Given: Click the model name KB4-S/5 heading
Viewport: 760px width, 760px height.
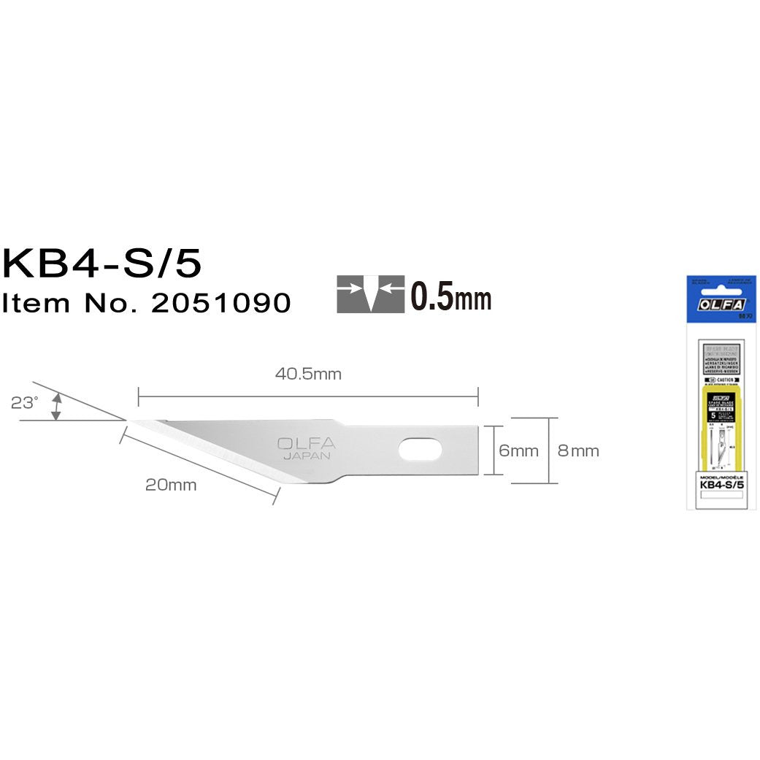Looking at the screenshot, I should [x=102, y=264].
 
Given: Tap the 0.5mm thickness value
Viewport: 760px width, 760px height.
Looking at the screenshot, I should [x=450, y=297].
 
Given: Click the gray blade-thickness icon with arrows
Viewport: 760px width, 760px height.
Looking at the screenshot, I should [x=371, y=295].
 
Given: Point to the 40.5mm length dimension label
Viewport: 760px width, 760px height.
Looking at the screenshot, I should [x=308, y=375].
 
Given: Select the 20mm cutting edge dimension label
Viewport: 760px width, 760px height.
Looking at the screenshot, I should [x=171, y=485].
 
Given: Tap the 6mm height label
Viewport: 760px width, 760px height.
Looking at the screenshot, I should [x=518, y=450].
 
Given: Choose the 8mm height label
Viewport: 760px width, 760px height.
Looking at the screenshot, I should [x=578, y=450].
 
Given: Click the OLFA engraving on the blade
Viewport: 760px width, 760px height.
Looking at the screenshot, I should [x=306, y=443].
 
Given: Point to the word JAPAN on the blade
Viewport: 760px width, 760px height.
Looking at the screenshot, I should [x=307, y=456].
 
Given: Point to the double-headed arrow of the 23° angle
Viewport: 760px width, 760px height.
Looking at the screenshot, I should [x=55, y=406].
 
